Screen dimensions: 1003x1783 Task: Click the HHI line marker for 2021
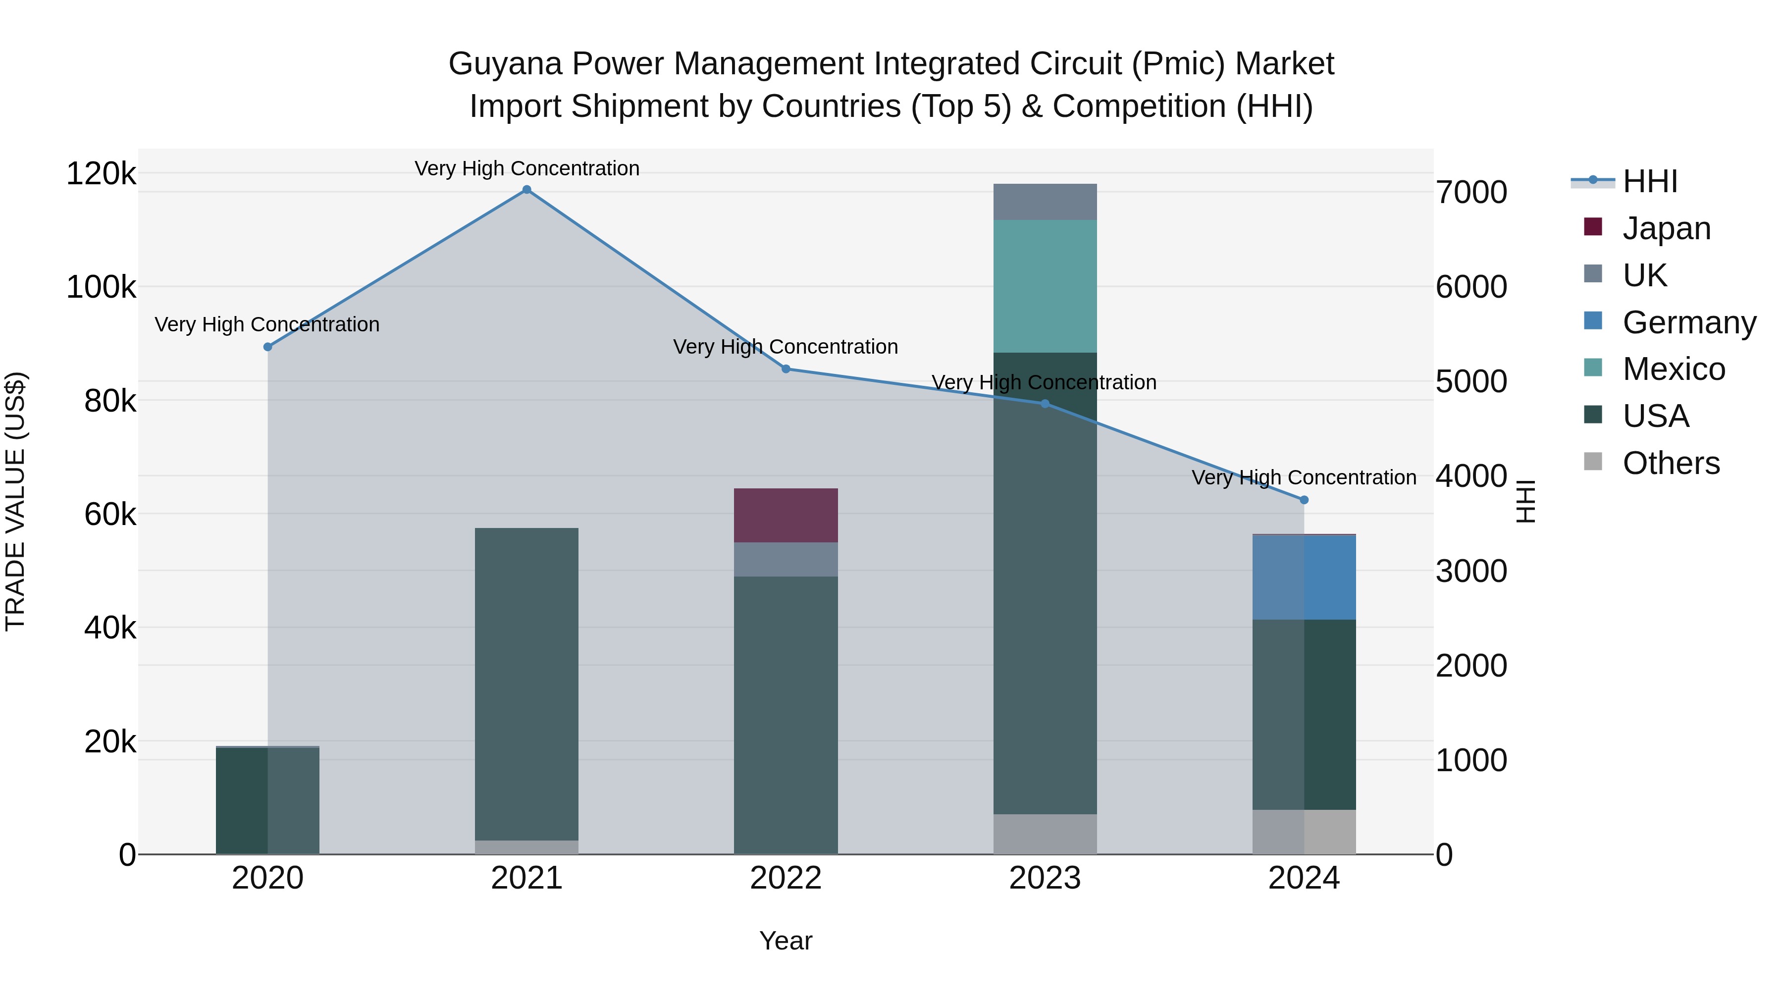click(527, 190)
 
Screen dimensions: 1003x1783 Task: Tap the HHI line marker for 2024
click(1304, 500)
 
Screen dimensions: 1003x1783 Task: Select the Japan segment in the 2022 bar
click(786, 515)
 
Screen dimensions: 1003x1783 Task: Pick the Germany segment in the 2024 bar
click(1304, 578)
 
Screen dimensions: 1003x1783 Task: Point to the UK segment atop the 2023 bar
click(1045, 202)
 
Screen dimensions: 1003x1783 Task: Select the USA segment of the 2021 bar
click(527, 684)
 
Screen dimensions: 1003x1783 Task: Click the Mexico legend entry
click(1673, 369)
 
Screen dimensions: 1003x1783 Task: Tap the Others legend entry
click(1670, 463)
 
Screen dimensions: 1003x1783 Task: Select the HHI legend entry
click(1649, 181)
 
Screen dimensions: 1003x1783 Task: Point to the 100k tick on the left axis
click(101, 287)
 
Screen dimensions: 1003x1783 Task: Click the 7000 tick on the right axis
click(1471, 193)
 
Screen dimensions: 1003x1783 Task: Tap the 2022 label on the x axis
click(786, 878)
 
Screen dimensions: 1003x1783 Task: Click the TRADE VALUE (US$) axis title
click(15, 501)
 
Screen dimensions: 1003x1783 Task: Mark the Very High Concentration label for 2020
click(267, 324)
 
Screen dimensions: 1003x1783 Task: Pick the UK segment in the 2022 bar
click(786, 559)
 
